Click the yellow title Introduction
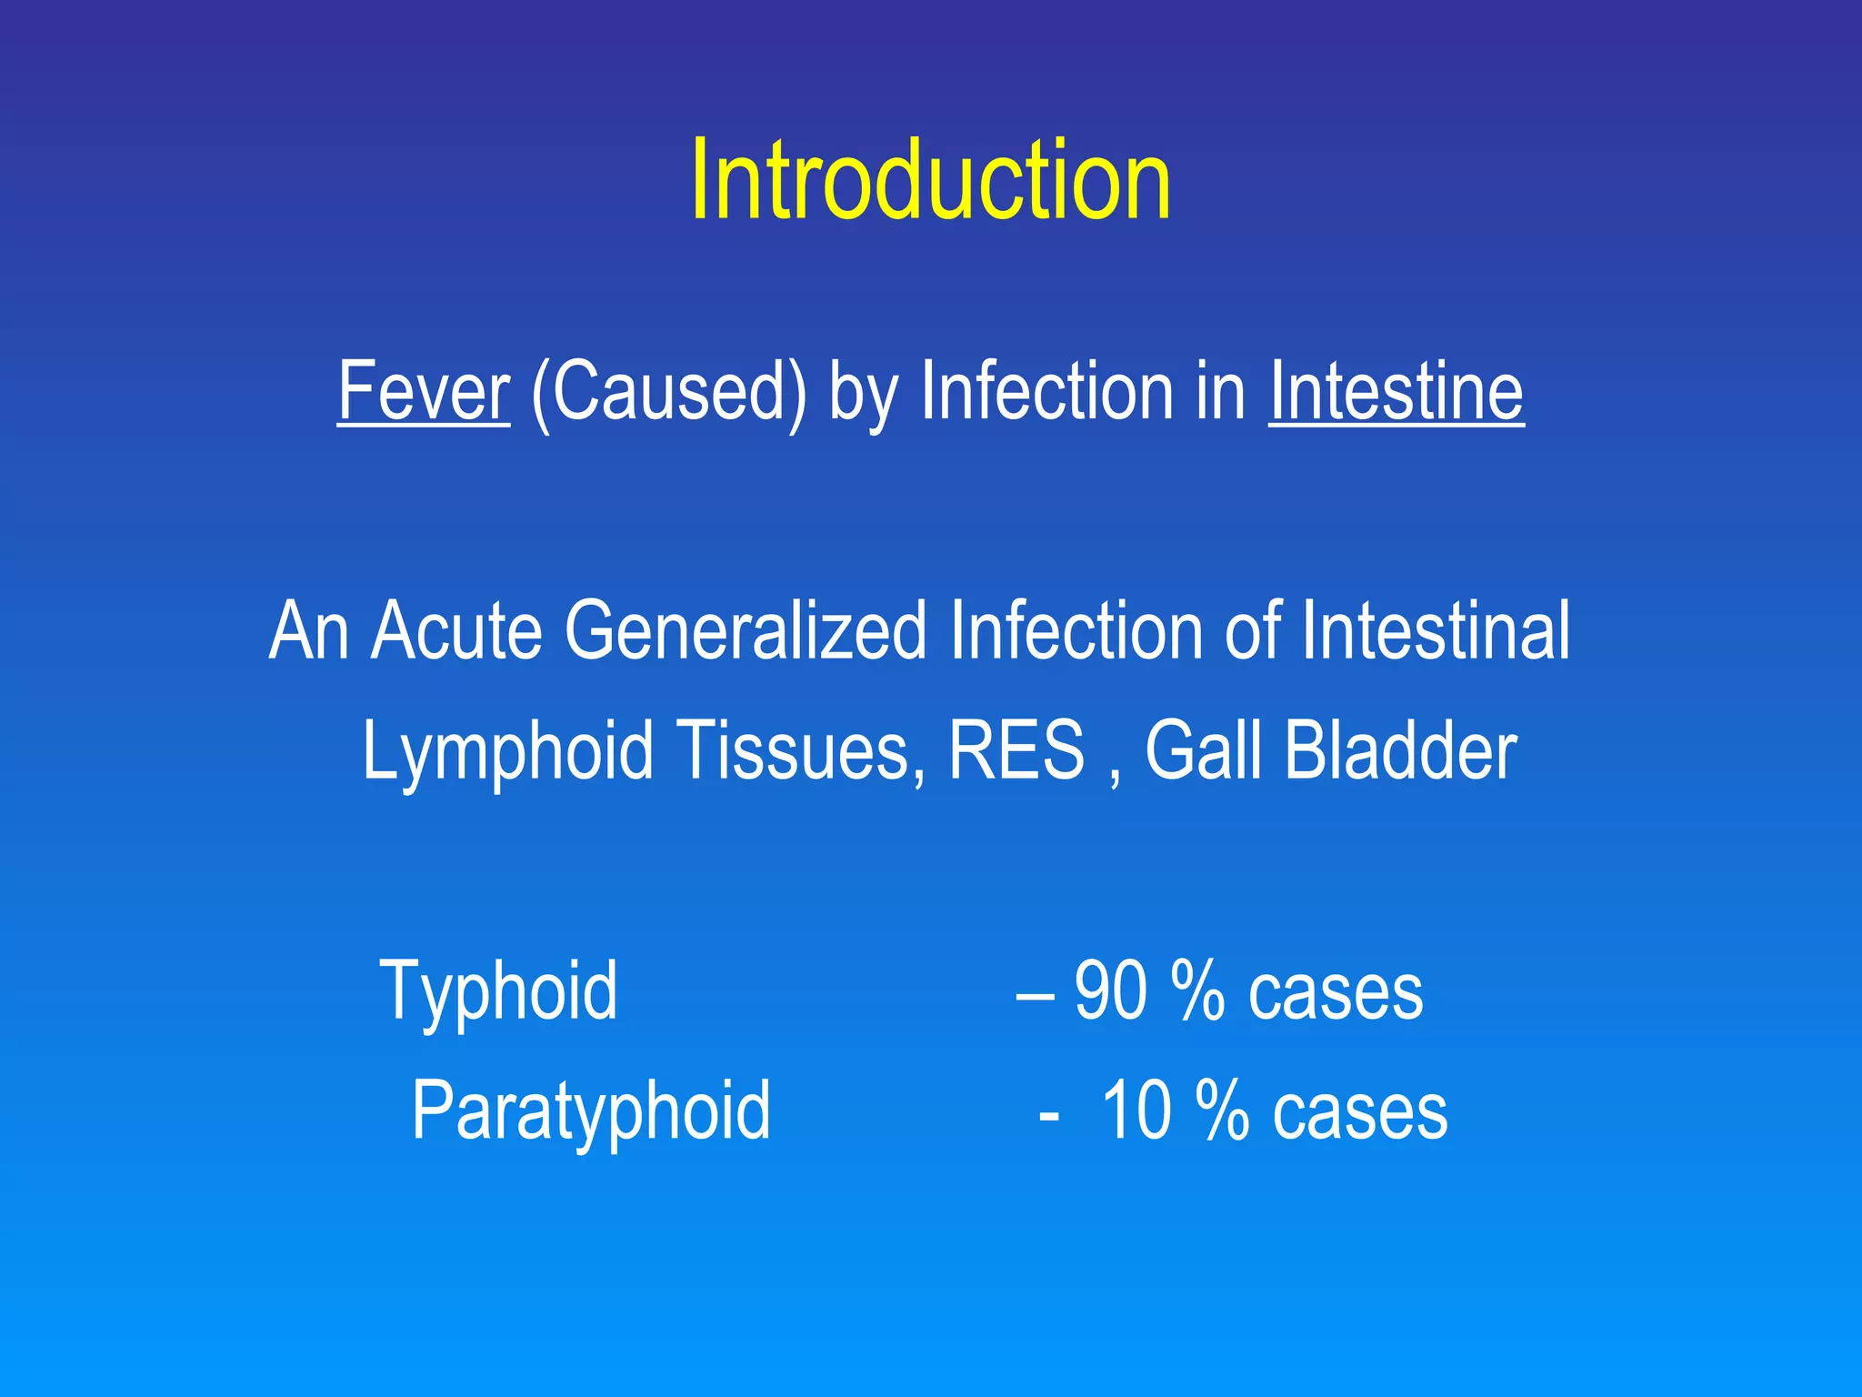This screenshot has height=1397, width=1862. pos(930,179)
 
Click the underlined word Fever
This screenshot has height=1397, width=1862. pos(424,391)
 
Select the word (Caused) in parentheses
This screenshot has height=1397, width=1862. pos(668,393)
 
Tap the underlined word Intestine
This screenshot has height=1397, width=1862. pos(1396,391)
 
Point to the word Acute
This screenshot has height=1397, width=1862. pos(456,630)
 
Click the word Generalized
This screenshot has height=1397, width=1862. pos(746,630)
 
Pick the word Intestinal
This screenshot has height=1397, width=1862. pos(1436,630)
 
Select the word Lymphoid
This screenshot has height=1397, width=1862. pos(507,751)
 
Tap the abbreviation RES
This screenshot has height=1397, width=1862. pos(1016,751)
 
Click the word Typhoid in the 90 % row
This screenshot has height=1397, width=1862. pos(498,991)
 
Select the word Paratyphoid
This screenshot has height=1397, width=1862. pos(591,1111)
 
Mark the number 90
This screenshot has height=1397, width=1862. pos(1110,991)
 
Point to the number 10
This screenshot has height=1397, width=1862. pos(1136,1111)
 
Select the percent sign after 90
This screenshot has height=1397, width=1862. pos(1197,991)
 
